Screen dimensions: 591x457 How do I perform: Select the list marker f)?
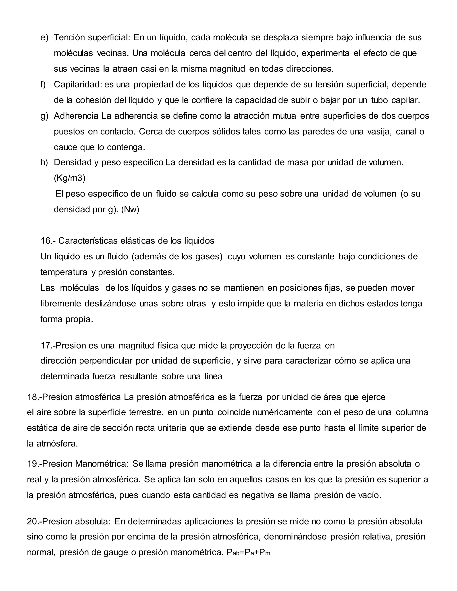coord(43,85)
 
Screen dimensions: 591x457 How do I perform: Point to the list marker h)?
coord(44,162)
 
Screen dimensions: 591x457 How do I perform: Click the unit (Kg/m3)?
coord(70,178)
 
